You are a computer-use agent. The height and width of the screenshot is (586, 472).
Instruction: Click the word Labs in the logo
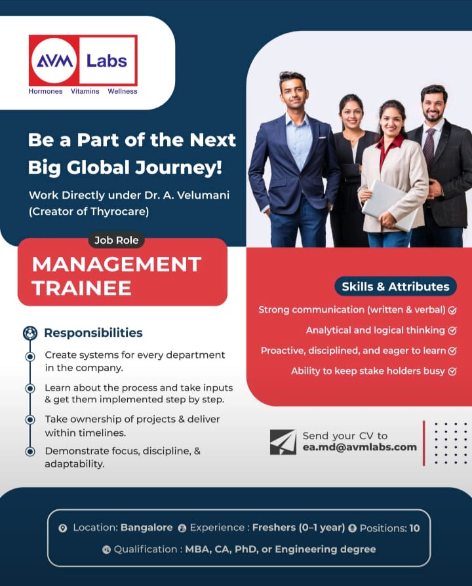tap(107, 61)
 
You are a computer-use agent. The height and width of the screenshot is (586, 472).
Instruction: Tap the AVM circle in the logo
tap(54, 60)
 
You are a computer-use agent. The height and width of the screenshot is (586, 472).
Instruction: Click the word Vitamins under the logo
tap(85, 91)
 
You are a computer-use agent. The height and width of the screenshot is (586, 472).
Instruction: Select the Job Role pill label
tap(116, 241)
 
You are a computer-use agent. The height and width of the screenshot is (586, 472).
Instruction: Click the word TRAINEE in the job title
tap(81, 288)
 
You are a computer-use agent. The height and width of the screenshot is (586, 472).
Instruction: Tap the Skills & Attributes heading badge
tap(395, 286)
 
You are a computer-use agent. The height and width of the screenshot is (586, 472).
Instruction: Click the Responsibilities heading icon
tap(30, 333)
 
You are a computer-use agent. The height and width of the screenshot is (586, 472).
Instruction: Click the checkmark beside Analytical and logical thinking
tap(452, 331)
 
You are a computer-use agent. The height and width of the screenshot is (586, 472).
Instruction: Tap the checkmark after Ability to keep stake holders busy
tap(452, 372)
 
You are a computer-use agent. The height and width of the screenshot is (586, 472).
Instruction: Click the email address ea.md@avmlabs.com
tap(359, 447)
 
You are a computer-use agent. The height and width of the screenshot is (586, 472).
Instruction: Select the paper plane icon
tap(283, 442)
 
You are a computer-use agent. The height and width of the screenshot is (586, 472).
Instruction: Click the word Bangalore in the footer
tap(146, 528)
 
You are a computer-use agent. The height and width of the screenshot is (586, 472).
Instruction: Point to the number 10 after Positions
tap(414, 528)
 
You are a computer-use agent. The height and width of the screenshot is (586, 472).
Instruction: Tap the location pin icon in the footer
tap(63, 528)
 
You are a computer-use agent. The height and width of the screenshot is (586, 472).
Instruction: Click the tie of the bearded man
tap(429, 146)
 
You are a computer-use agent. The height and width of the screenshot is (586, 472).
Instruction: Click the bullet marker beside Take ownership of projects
tap(30, 420)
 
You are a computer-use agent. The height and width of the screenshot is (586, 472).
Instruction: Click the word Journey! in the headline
tap(178, 168)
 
